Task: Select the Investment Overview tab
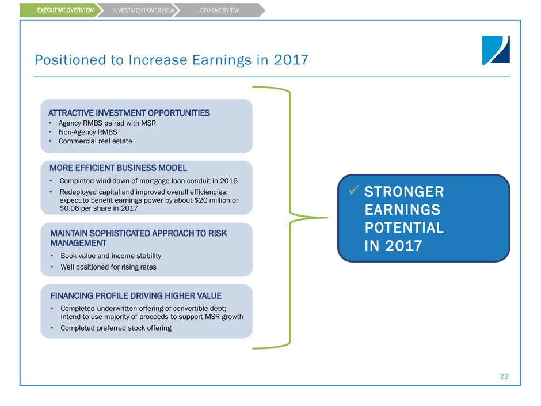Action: (x=142, y=10)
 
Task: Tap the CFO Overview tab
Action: (x=219, y=10)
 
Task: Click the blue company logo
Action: (x=496, y=50)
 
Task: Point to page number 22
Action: (x=504, y=376)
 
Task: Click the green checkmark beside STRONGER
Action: (x=353, y=190)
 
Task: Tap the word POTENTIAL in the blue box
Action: (x=404, y=228)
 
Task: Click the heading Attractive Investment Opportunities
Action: (x=129, y=113)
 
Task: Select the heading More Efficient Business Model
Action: (x=119, y=168)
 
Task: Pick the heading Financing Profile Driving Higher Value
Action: (x=136, y=296)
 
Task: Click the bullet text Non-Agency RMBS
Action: (x=87, y=132)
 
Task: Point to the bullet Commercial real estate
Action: (x=95, y=141)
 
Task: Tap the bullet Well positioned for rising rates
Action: (x=108, y=267)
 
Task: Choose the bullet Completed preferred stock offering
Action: (x=116, y=328)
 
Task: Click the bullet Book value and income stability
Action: (x=111, y=256)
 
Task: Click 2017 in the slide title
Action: (x=291, y=60)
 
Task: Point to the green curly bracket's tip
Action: (x=327, y=218)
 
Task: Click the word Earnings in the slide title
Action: (x=222, y=60)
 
